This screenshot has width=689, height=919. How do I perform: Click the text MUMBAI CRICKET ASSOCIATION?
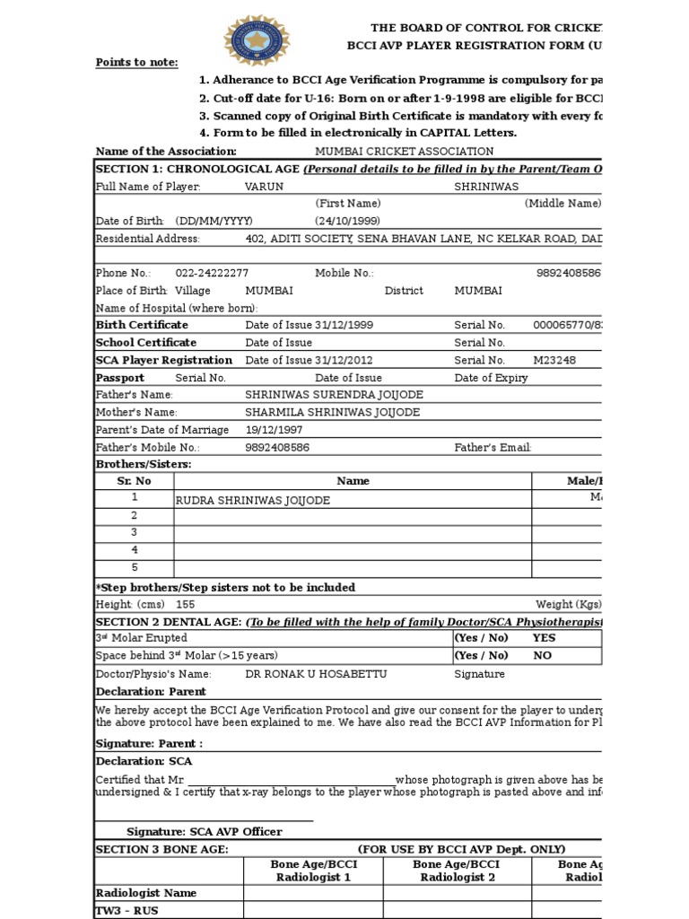(x=404, y=152)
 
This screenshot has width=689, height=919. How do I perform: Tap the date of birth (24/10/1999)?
(x=347, y=221)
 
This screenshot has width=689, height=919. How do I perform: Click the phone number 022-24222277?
(x=212, y=273)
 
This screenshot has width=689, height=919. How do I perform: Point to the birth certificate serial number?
(x=567, y=325)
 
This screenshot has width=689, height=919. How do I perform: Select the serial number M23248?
(x=554, y=360)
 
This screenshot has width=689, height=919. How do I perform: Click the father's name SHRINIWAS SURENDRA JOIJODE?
(x=334, y=395)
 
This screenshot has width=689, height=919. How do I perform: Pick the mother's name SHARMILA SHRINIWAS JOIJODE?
(x=332, y=412)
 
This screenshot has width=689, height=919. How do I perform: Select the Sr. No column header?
(x=135, y=481)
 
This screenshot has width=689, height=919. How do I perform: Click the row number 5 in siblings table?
(x=135, y=567)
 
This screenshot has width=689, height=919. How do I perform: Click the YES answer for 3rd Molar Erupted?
(x=544, y=638)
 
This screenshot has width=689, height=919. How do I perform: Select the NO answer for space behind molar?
(x=542, y=655)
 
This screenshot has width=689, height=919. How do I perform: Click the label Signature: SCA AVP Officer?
(x=204, y=832)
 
